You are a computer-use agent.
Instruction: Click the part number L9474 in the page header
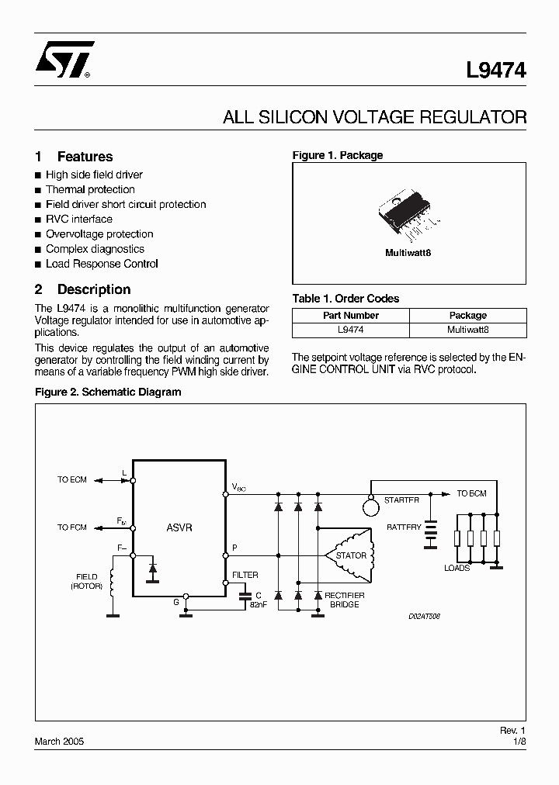[496, 71]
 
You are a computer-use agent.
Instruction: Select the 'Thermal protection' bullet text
[90, 189]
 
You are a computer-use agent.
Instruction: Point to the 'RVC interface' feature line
[79, 219]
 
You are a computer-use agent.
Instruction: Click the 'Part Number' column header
[351, 316]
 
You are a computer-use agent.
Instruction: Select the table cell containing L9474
[351, 330]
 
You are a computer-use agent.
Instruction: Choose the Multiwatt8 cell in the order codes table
[467, 330]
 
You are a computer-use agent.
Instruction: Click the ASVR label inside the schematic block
[179, 527]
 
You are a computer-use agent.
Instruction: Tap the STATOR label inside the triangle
[351, 555]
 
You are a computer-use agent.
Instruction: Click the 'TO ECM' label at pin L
[72, 480]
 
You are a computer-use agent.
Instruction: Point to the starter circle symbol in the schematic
[370, 507]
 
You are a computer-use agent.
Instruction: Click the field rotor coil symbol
[112, 584]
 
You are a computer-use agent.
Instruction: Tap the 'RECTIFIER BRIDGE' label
[344, 600]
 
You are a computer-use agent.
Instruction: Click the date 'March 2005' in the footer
[59, 742]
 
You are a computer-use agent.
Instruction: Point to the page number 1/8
[519, 742]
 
